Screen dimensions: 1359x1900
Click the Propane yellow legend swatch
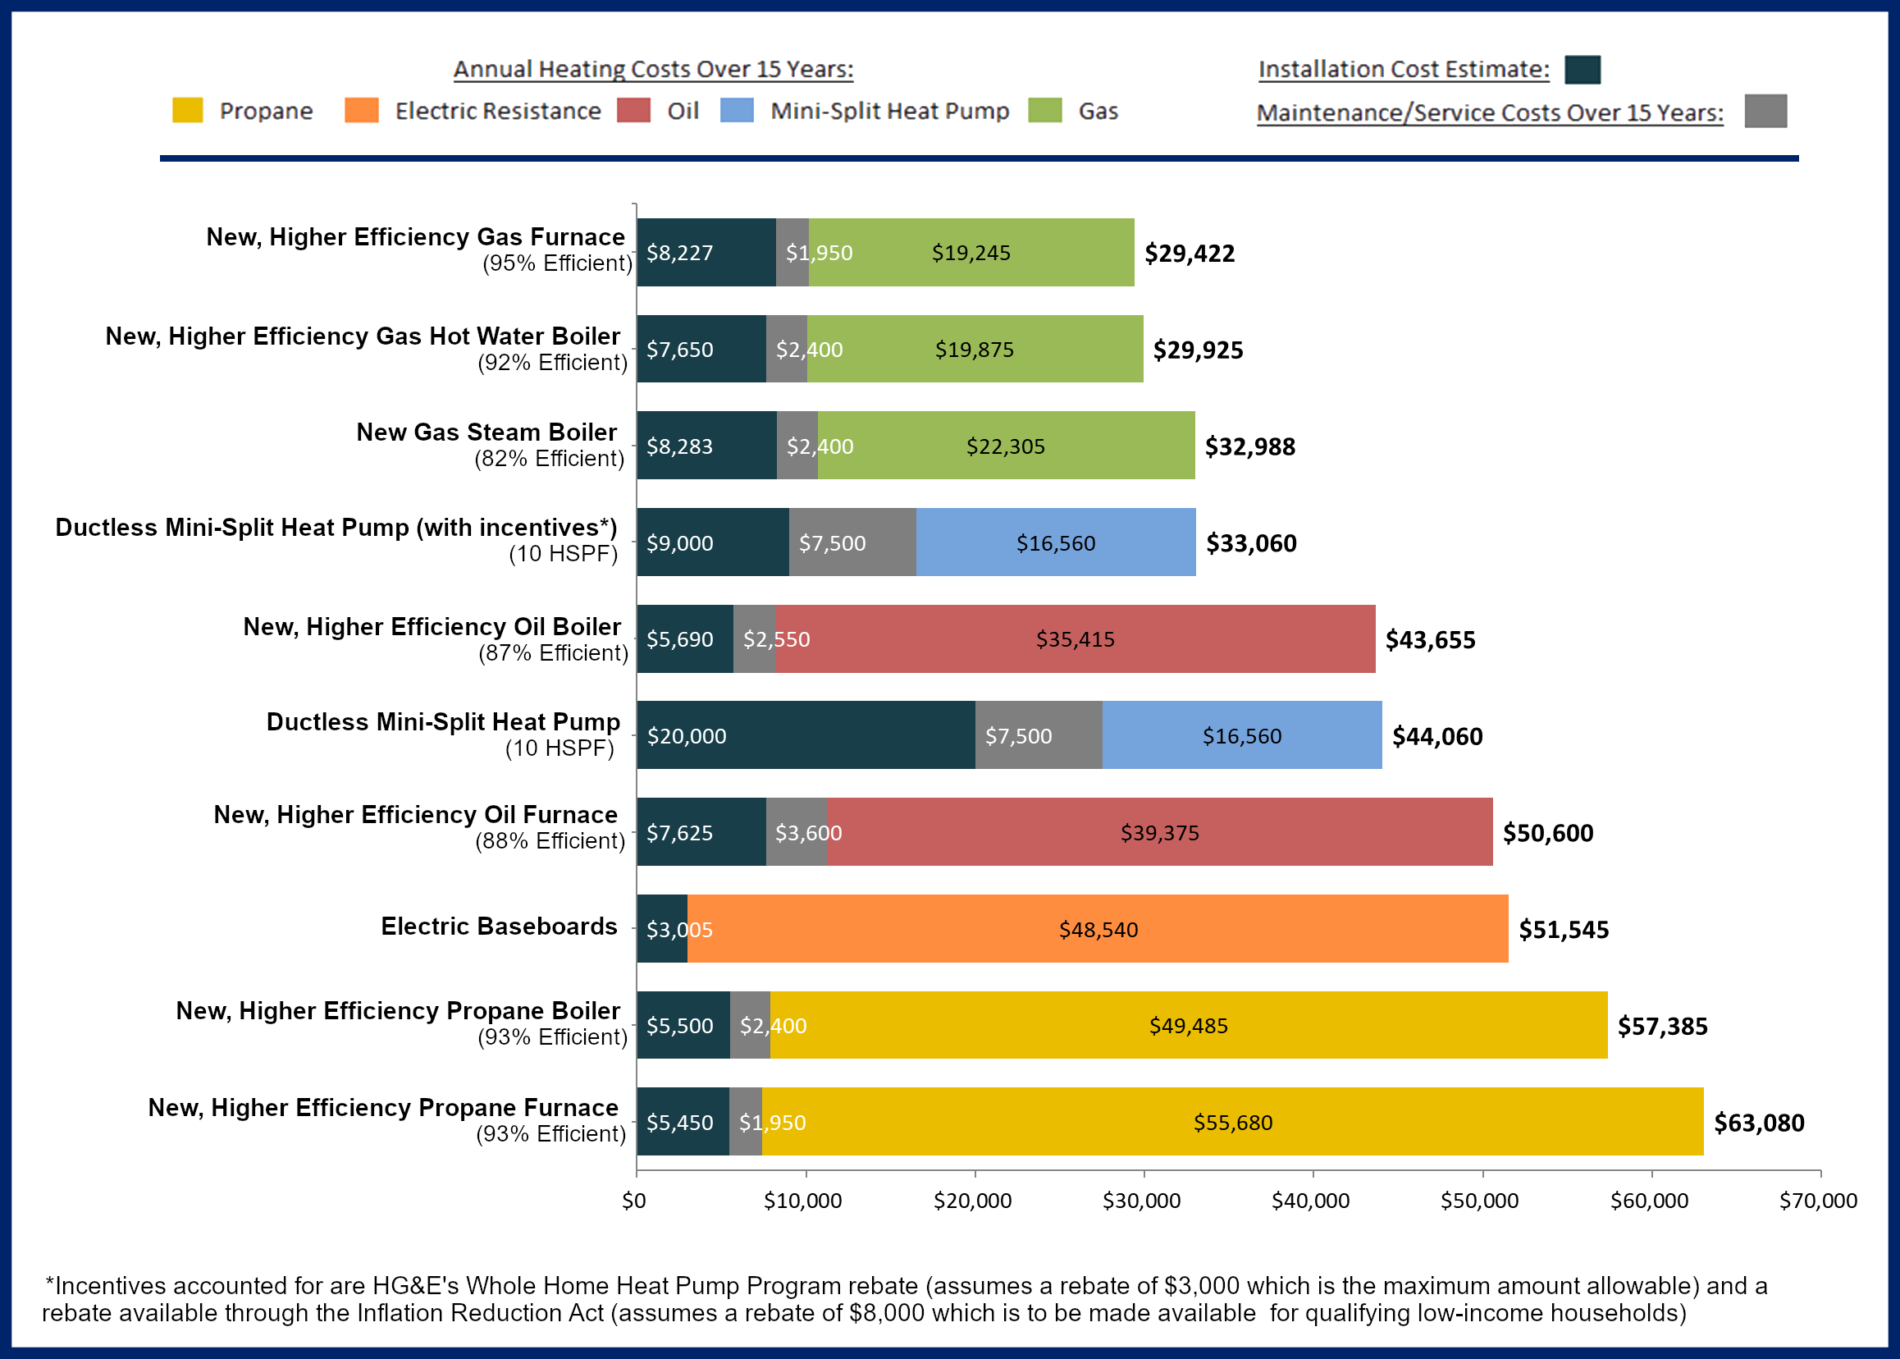coord(187,111)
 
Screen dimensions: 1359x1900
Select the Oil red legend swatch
coord(633,111)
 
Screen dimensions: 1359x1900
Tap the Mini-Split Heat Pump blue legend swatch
coord(736,111)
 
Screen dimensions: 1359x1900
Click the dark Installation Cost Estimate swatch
coord(1582,70)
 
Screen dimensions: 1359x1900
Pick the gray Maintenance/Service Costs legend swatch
coord(1765,112)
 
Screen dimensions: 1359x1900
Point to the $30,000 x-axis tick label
coord(1141,1201)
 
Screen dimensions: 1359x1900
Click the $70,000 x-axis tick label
coord(1818,1201)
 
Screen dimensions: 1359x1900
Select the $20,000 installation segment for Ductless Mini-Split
coord(805,735)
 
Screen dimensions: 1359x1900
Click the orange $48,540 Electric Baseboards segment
coord(1098,929)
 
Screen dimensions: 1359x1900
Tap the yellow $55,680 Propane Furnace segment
coord(1232,1122)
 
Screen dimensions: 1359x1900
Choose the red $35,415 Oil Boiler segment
coord(1075,639)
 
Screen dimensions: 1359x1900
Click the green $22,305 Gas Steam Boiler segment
coord(1006,446)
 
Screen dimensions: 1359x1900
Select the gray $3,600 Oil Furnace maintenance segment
coord(797,833)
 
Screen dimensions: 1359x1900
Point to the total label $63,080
coord(1759,1123)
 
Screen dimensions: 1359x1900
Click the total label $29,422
coord(1189,254)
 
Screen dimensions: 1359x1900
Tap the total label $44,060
coord(1436,736)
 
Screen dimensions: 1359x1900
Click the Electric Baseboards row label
coord(499,927)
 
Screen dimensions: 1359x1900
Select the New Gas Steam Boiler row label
coord(486,432)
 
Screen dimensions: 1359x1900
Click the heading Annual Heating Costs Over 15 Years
coord(652,70)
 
